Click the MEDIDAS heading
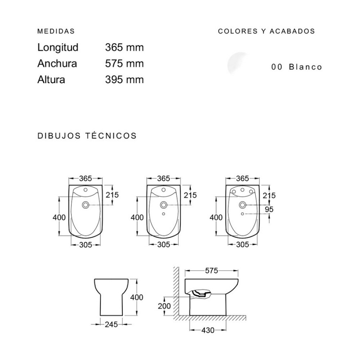56,31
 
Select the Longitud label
58,47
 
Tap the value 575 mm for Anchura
124,63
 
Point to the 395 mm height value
124,79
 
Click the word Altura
51,79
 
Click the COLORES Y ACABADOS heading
266,31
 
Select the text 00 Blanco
296,67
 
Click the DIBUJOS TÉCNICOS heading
87,136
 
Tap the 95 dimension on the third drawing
268,209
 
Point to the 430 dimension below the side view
208,330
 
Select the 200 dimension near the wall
164,306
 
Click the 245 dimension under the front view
111,324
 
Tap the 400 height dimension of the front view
136,297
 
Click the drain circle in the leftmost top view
86,205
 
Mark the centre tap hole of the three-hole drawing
242,190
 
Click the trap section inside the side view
200,294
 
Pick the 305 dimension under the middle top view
164,244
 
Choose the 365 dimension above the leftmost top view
86,178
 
